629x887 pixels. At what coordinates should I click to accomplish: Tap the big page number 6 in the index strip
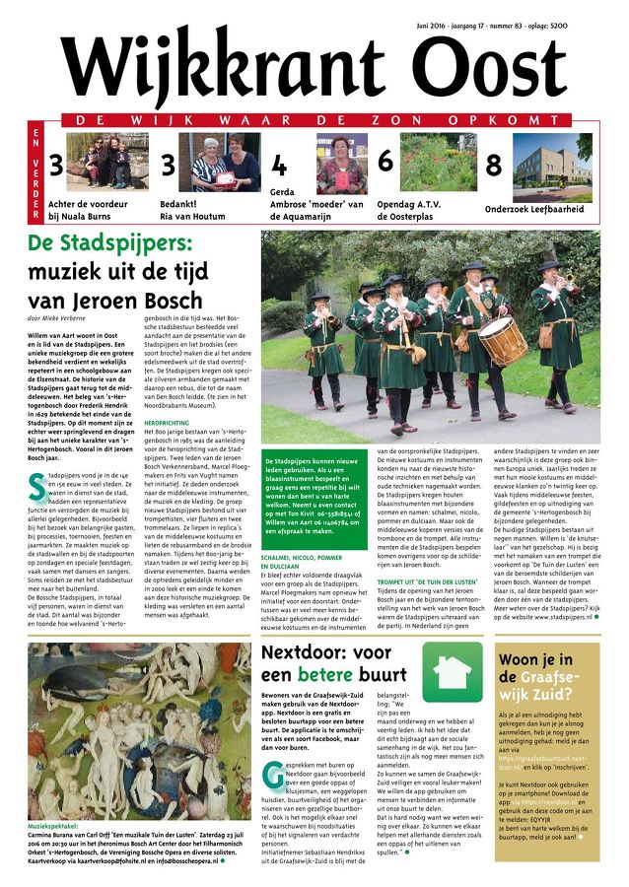[x=384, y=160]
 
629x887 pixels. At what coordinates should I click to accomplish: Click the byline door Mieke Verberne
[x=57, y=318]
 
